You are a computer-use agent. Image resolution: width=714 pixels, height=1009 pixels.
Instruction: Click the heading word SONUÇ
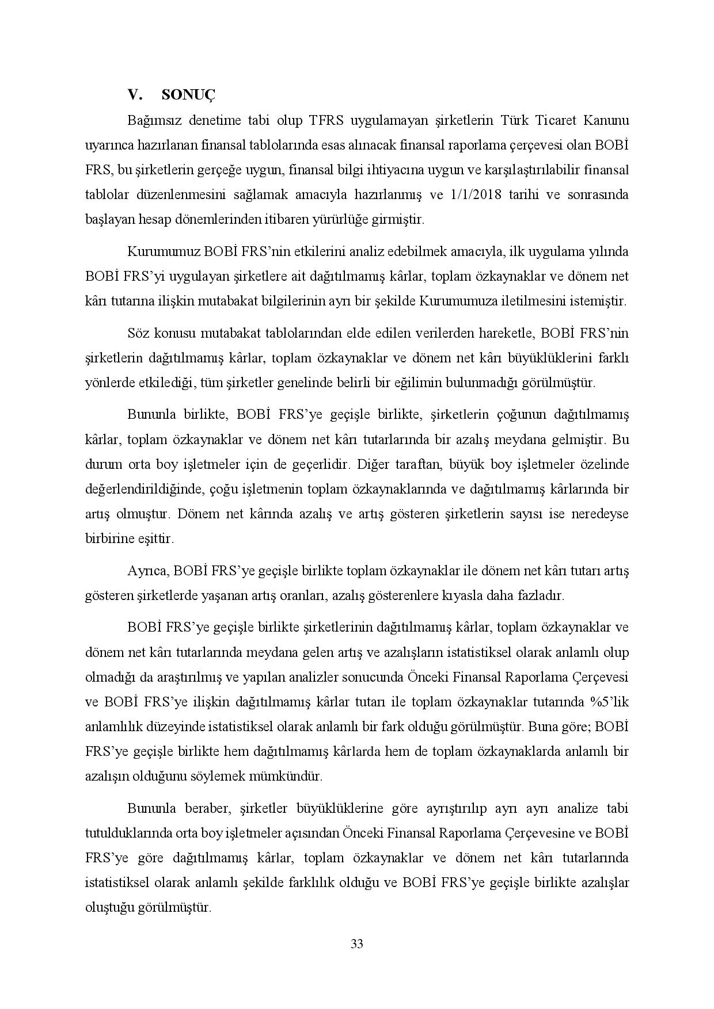point(188,95)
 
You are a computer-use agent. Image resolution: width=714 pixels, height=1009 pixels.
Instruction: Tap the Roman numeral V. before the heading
point(135,95)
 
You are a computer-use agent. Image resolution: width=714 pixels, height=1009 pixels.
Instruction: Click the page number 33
point(356,943)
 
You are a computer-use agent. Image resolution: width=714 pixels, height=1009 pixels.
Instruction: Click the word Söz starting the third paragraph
point(136,333)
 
